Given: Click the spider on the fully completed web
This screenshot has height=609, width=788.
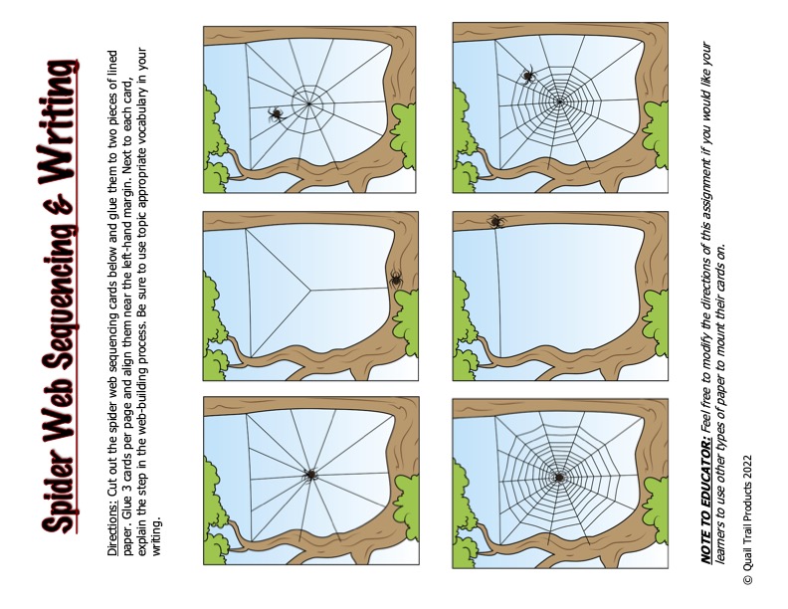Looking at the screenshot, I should (560, 478).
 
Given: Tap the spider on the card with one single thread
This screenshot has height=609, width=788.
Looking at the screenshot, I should (494, 221).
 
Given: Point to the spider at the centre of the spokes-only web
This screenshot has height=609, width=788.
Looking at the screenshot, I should (310, 476).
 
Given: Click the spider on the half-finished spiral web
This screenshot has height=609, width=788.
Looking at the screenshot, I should (528, 74).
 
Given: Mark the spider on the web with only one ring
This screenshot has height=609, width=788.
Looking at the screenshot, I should (276, 115).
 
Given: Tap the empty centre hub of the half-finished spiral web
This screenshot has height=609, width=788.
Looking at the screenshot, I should (560, 101).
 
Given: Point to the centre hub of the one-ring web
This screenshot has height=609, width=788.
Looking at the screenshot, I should (309, 102).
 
